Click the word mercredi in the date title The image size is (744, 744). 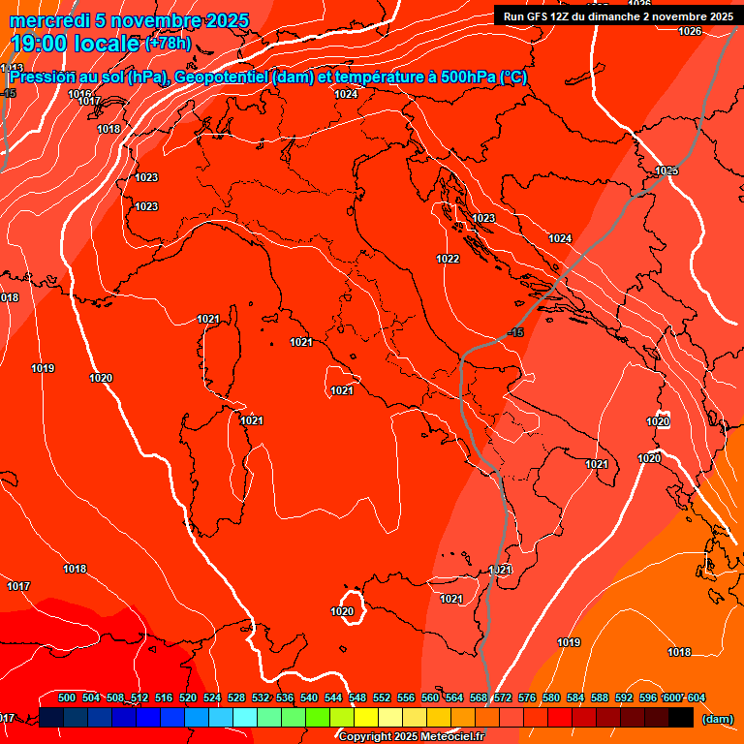point(50,20)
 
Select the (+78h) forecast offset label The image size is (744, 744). point(168,44)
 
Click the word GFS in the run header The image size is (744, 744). point(536,16)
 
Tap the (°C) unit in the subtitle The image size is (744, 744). point(512,77)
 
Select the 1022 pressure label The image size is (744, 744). point(448,259)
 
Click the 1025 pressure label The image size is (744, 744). point(666,170)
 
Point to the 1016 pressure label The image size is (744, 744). point(80,94)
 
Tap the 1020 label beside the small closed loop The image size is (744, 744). point(342,611)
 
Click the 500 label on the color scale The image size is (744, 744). point(67,697)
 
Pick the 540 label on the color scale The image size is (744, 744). point(309,697)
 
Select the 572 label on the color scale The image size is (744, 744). point(503,697)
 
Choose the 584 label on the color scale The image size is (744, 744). point(575,697)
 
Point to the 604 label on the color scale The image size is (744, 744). point(697,697)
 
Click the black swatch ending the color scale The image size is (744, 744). point(681,717)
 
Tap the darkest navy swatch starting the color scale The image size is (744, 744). point(51,717)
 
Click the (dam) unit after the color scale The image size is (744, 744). point(717,719)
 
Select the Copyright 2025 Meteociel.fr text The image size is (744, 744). point(411,737)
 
